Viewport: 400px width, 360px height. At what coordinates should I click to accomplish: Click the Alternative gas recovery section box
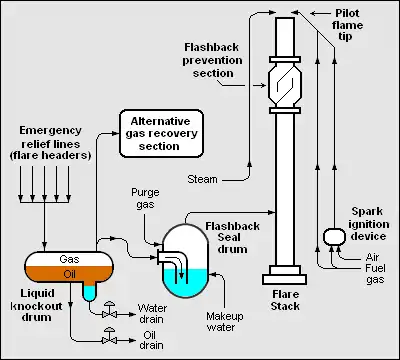pyautogui.click(x=161, y=133)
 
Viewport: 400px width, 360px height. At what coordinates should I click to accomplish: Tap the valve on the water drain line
pyautogui.click(x=109, y=310)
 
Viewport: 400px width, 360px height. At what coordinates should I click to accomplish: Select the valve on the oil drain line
pyautogui.click(x=109, y=336)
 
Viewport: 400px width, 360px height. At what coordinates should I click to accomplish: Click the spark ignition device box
pyautogui.click(x=334, y=236)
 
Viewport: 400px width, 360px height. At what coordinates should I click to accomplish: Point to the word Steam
pyautogui.click(x=202, y=179)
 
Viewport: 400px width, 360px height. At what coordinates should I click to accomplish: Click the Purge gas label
pyautogui.click(x=145, y=199)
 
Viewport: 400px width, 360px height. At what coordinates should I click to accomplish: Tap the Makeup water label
pyautogui.click(x=225, y=321)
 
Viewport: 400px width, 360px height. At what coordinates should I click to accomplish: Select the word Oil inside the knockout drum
pyautogui.click(x=69, y=274)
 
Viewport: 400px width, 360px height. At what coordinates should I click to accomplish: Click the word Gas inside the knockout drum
pyautogui.click(x=69, y=259)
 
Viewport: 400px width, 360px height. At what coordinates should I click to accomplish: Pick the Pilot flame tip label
pyautogui.click(x=347, y=25)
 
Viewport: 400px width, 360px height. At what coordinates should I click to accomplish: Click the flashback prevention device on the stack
pyautogui.click(x=285, y=85)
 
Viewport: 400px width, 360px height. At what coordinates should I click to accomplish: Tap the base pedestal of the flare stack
pyautogui.click(x=284, y=275)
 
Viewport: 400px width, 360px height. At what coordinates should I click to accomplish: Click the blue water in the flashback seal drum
pyautogui.click(x=185, y=283)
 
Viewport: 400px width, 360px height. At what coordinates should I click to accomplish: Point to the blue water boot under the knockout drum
pyautogui.click(x=89, y=293)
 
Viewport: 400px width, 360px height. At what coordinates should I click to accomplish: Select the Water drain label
pyautogui.click(x=151, y=313)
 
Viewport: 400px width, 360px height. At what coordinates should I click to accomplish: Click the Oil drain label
pyautogui.click(x=151, y=340)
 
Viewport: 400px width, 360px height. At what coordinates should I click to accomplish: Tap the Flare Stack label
pyautogui.click(x=285, y=300)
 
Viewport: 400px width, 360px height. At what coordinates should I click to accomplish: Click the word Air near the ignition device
pyautogui.click(x=372, y=257)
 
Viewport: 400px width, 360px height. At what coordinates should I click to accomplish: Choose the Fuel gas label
pyautogui.click(x=375, y=274)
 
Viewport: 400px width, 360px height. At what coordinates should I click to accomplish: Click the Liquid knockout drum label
pyautogui.click(x=37, y=305)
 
